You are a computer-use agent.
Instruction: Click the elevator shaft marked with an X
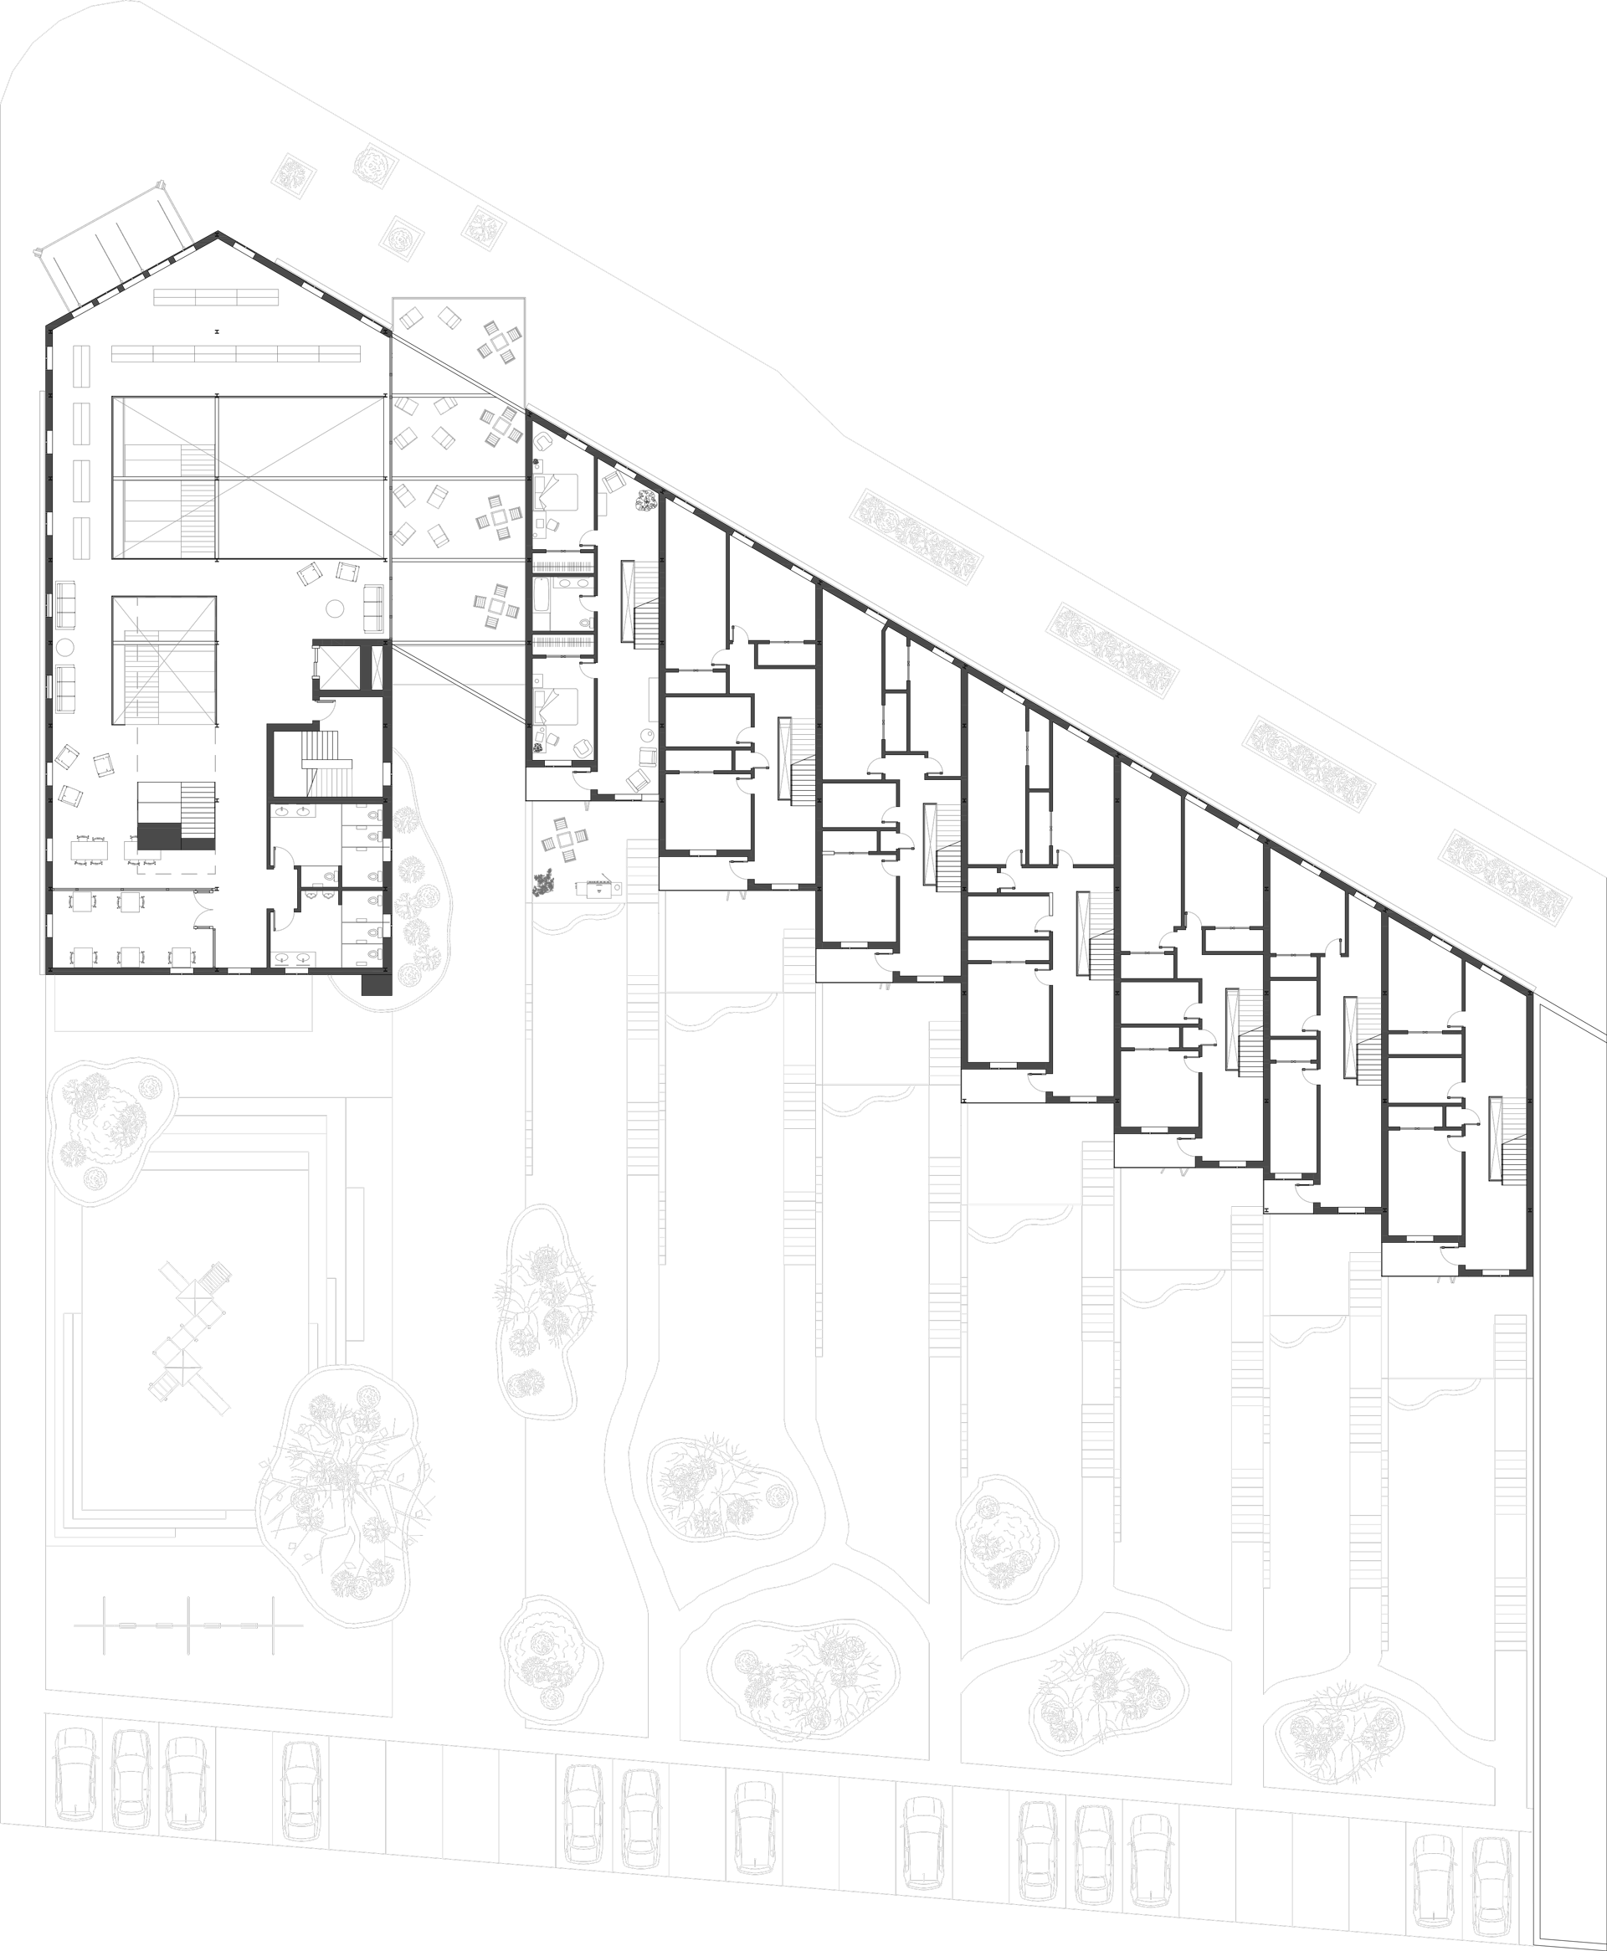335,665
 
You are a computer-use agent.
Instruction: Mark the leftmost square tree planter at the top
295,174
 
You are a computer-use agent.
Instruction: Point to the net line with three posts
188,1625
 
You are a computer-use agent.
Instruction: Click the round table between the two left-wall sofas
64,647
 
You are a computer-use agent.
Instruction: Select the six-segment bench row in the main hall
236,353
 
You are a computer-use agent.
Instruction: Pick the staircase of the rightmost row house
1504,1137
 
